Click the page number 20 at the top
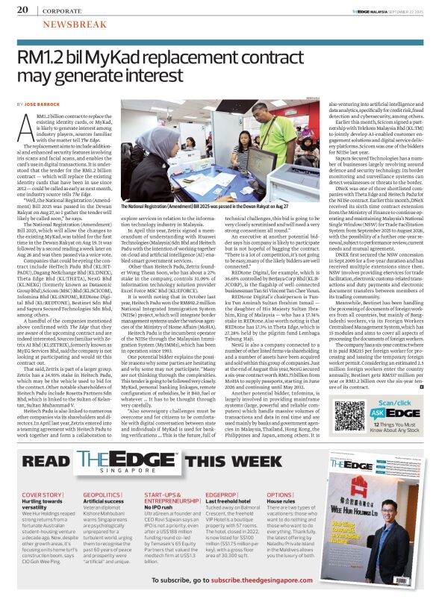(22, 10)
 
